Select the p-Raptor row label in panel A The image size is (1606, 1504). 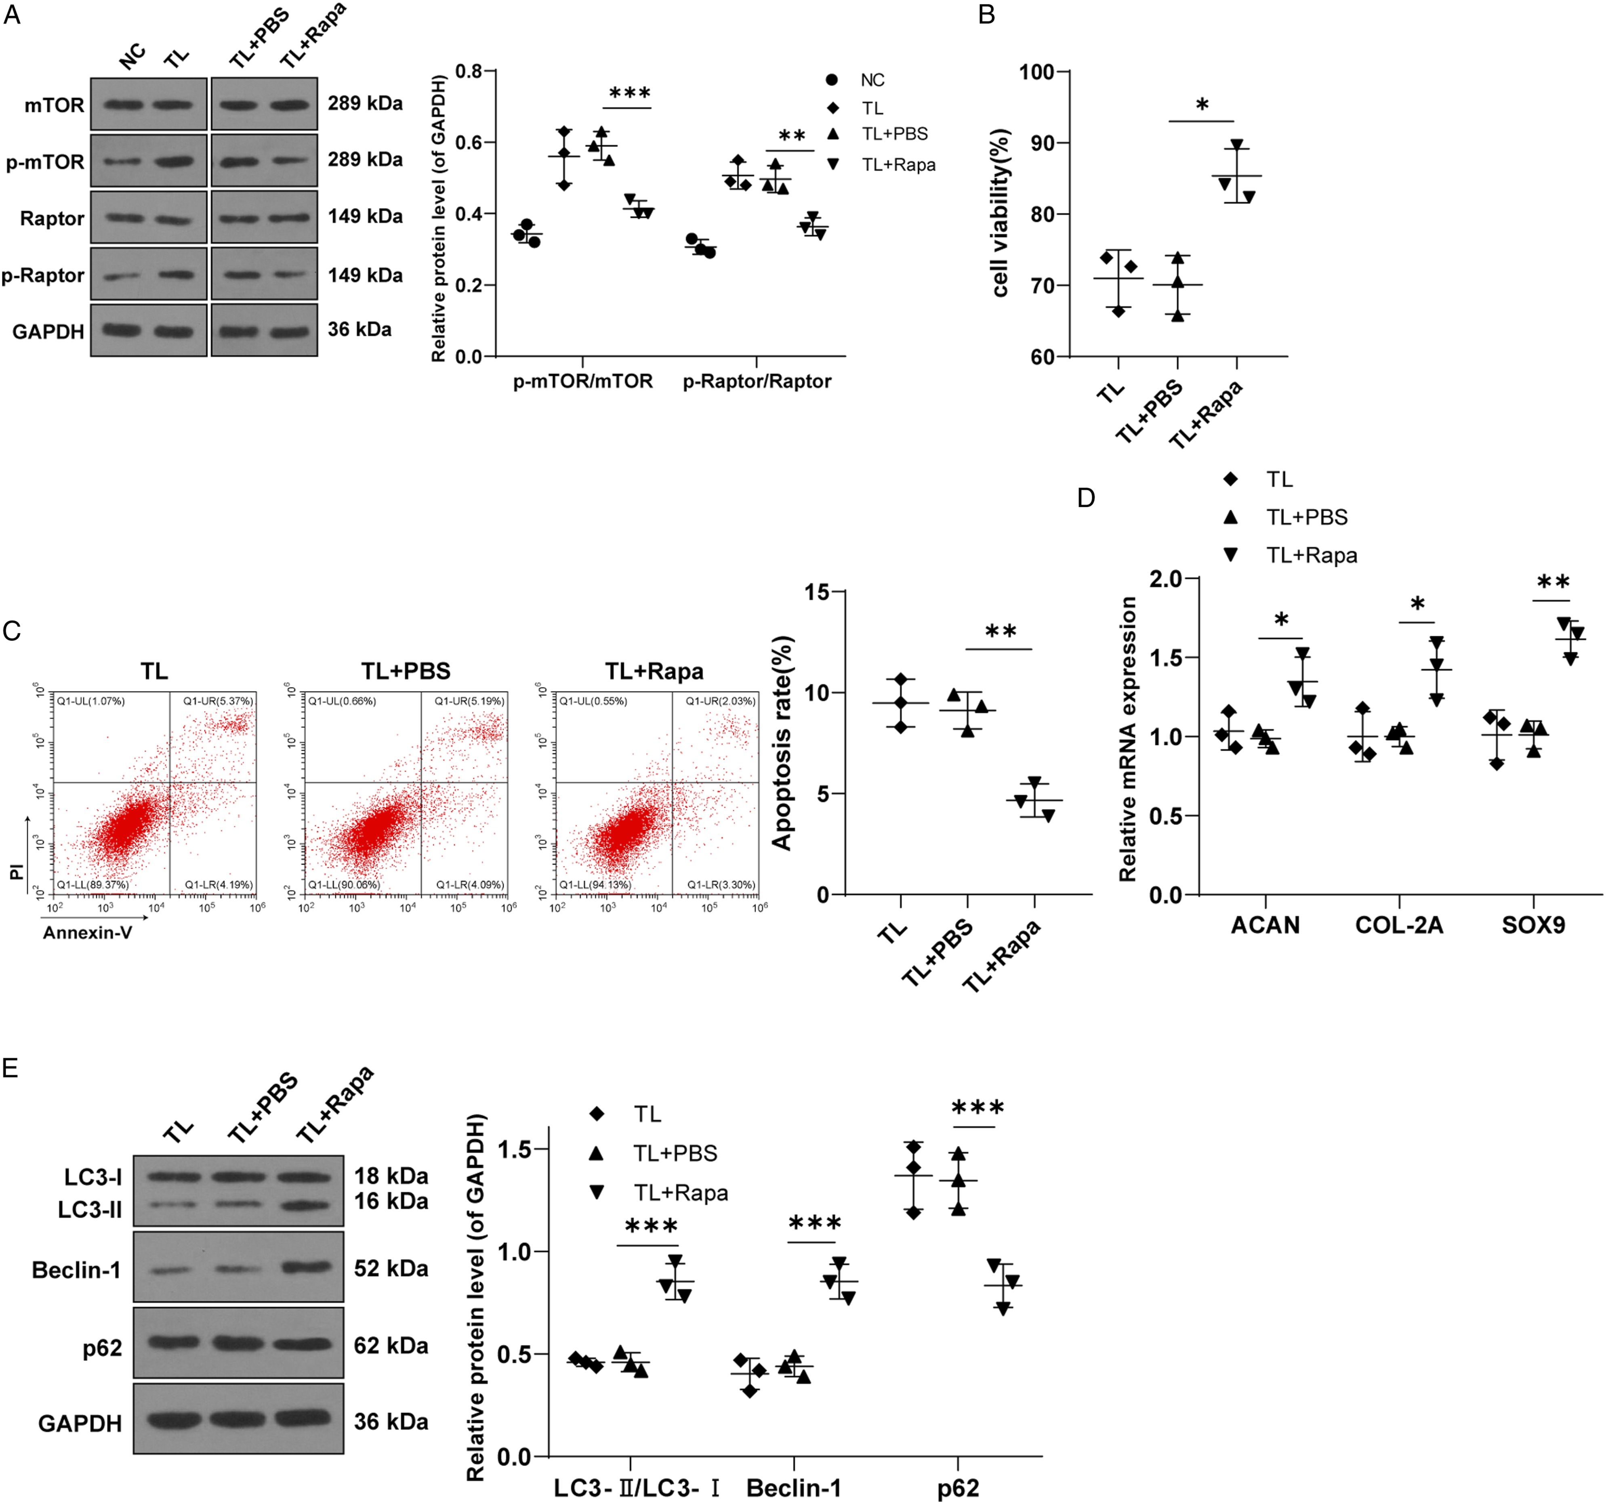point(43,275)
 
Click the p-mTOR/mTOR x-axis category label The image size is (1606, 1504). point(583,381)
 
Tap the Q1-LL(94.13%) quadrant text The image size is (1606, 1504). point(595,884)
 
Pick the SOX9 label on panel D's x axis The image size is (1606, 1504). point(1533,925)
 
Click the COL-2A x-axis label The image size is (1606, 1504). point(1399,925)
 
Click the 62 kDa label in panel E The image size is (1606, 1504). point(391,1346)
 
